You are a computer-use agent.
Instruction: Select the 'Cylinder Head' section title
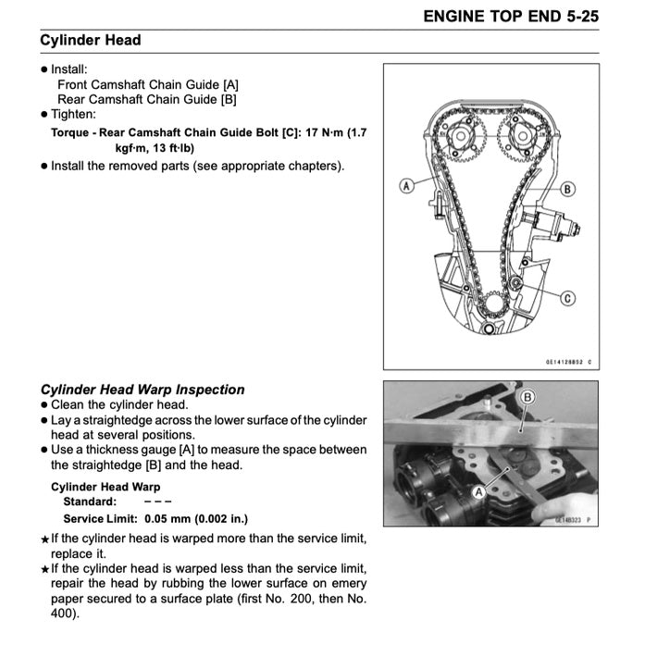[x=91, y=41]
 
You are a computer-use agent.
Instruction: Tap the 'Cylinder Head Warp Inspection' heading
[x=143, y=390]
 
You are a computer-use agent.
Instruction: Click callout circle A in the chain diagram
[x=405, y=186]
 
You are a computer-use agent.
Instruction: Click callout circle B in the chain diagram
[x=567, y=188]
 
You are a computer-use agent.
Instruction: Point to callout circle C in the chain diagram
[x=567, y=297]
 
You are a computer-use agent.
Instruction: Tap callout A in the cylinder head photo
[x=479, y=492]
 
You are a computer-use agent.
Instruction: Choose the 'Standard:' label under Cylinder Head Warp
[x=89, y=502]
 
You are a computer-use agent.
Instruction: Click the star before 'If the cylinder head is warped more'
[x=44, y=539]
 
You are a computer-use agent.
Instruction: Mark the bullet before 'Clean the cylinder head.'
[x=44, y=405]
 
